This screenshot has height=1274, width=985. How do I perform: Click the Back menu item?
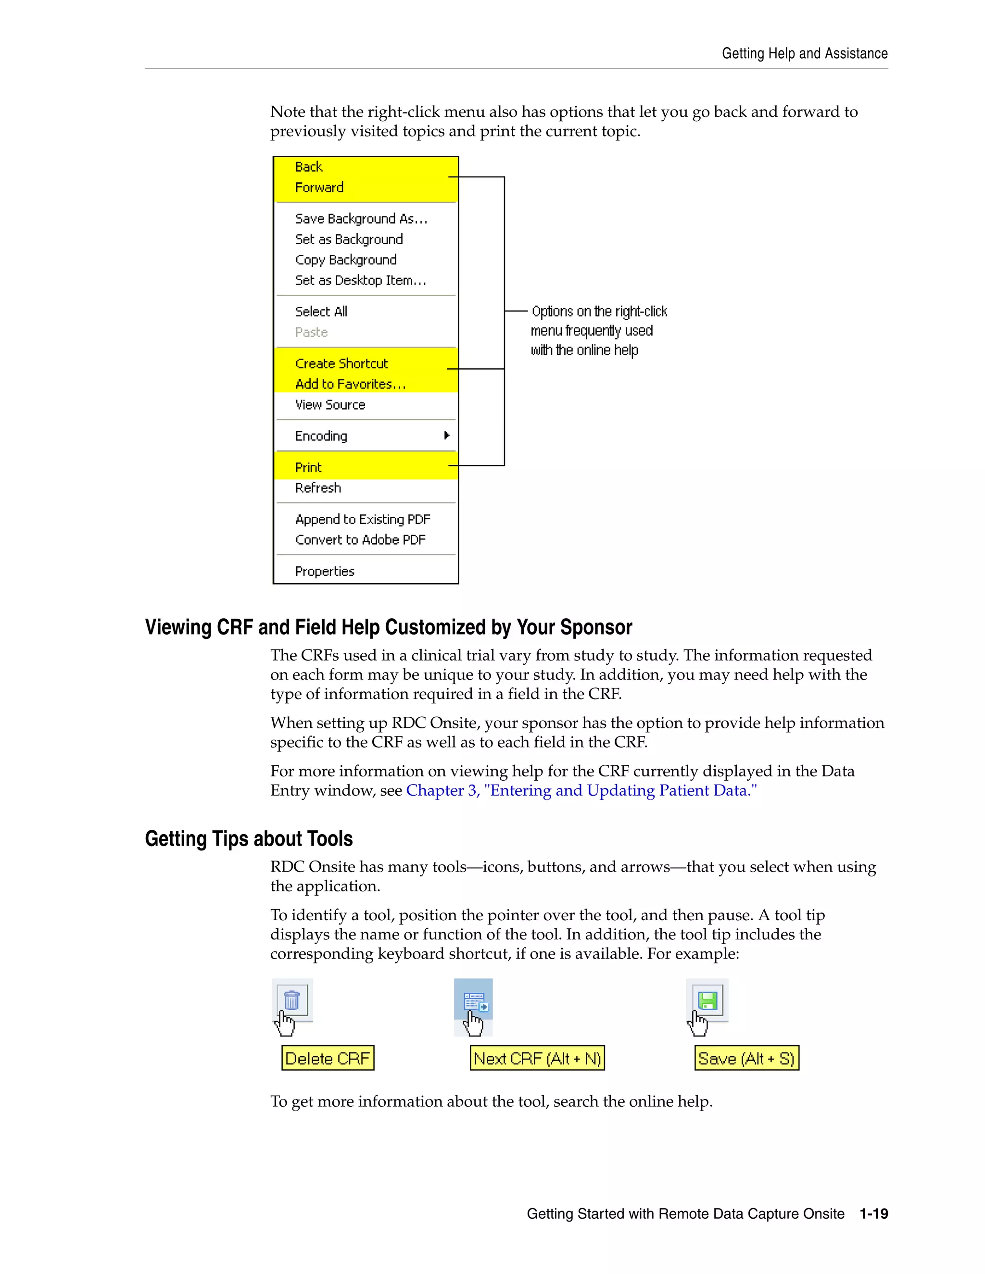(x=309, y=167)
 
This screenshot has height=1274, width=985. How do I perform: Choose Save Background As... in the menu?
(x=361, y=219)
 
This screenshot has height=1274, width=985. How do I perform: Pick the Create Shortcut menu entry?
(x=341, y=364)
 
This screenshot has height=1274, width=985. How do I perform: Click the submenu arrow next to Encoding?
(x=446, y=436)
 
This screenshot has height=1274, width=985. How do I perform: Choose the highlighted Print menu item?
(x=308, y=468)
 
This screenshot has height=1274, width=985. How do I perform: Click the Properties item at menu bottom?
(x=325, y=572)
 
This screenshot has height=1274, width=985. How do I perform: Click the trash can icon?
(x=292, y=1000)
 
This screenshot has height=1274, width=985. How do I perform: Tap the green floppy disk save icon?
(x=707, y=1000)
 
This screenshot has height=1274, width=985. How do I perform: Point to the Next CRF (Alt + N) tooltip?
(x=537, y=1058)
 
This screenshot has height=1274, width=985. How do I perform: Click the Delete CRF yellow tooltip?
(x=328, y=1058)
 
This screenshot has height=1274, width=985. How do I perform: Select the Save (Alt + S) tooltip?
(x=746, y=1058)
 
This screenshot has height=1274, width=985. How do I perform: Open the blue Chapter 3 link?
(x=581, y=791)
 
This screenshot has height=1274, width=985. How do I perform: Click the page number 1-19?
(x=873, y=1214)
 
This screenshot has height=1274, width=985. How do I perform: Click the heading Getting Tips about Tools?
(x=249, y=839)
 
